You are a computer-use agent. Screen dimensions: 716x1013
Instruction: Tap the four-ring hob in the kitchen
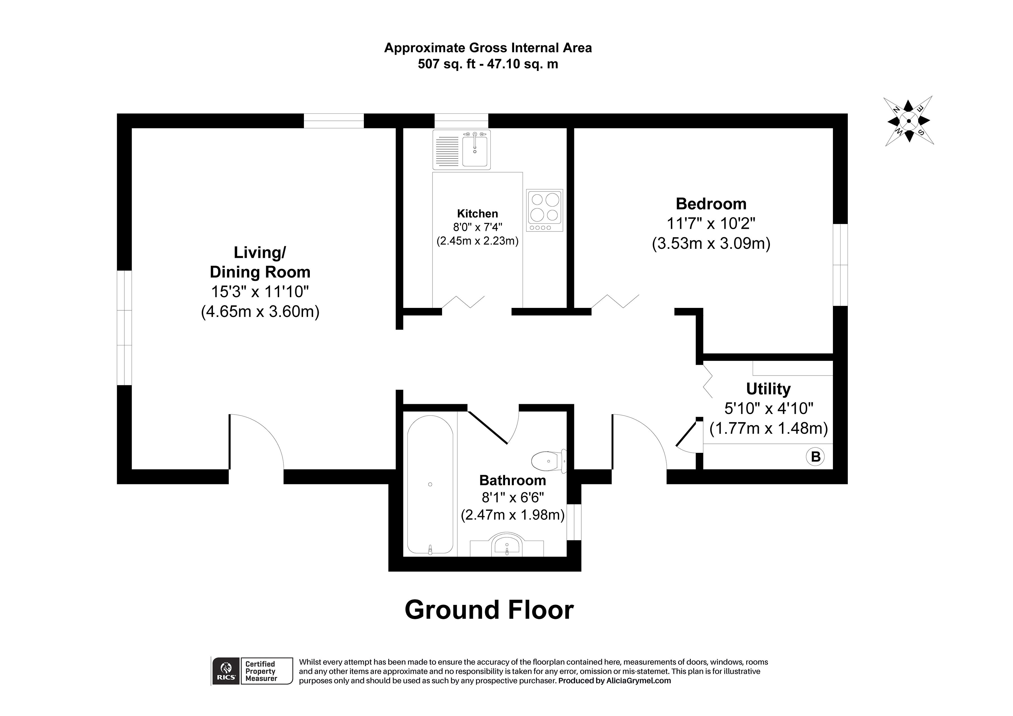pos(544,210)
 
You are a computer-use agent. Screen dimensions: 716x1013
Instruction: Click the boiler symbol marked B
pos(815,457)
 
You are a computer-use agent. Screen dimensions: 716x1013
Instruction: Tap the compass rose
pos(908,120)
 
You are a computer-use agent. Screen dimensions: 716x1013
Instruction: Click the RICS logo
pos(225,671)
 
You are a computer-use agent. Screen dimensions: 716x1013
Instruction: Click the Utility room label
pos(768,389)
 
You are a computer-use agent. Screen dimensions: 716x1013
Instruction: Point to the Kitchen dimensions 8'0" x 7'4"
pos(478,227)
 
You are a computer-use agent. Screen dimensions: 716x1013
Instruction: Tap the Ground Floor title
pos(489,610)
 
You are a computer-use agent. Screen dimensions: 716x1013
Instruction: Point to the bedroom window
pos(840,265)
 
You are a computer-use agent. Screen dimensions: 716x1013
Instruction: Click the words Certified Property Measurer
pos(261,671)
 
